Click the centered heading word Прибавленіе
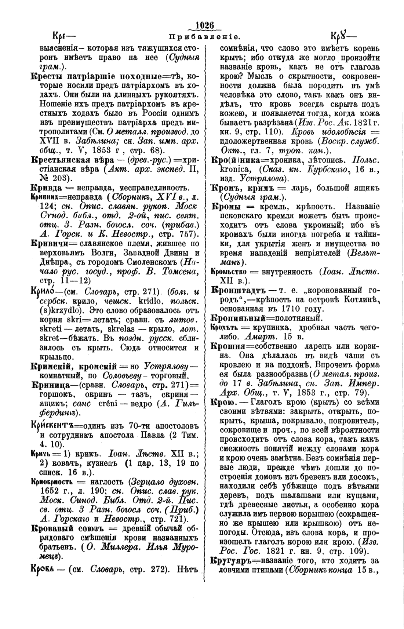coord(204,37)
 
